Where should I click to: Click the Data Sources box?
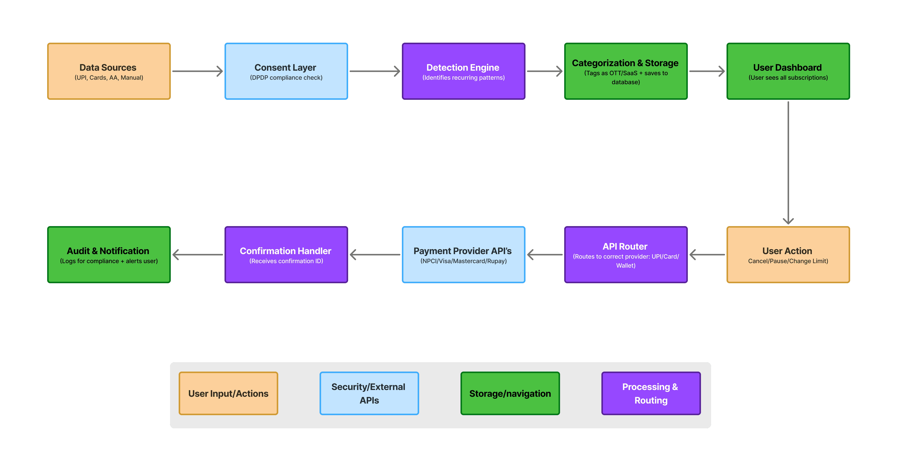click(109, 71)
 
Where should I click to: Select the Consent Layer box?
click(286, 71)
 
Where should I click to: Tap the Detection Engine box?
click(464, 71)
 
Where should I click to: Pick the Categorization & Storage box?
click(626, 71)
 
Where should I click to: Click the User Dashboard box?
click(788, 71)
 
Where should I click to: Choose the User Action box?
click(788, 255)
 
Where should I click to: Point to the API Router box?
click(626, 255)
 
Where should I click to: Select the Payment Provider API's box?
click(464, 255)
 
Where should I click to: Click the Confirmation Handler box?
click(286, 255)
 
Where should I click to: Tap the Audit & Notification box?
click(109, 255)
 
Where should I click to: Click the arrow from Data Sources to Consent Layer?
click(197, 71)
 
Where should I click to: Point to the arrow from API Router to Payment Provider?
click(545, 255)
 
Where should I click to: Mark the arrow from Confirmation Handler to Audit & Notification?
click(197, 255)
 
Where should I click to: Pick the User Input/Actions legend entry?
click(228, 393)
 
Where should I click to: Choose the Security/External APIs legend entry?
click(369, 393)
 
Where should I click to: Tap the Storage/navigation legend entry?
click(510, 393)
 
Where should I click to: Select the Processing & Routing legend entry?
click(651, 393)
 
